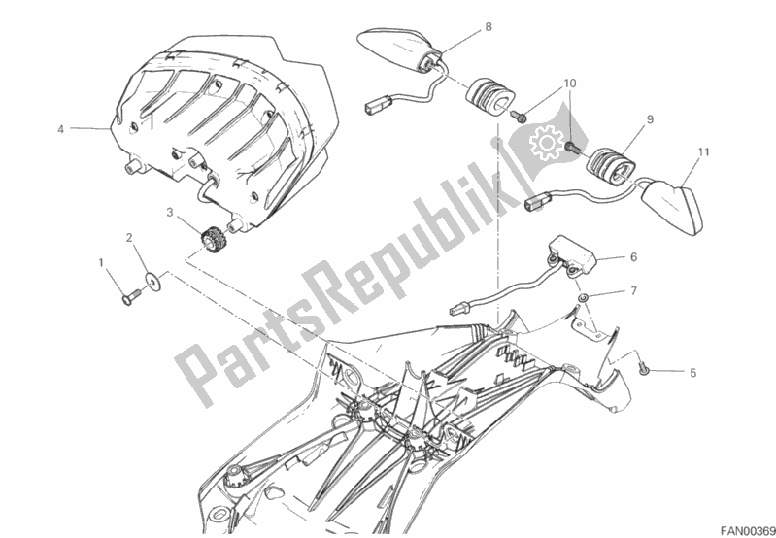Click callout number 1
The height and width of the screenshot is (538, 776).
(101, 263)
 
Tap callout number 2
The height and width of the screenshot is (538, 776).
(129, 238)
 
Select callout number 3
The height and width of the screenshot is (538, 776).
(170, 214)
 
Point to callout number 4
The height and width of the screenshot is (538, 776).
(61, 130)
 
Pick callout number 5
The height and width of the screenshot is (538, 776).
(692, 373)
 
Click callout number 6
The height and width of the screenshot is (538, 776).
(633, 257)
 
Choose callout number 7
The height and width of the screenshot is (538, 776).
(633, 290)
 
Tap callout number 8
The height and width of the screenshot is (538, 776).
(489, 27)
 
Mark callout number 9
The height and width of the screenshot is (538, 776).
(650, 119)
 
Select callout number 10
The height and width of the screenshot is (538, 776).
(570, 84)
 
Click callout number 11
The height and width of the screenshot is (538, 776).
(704, 151)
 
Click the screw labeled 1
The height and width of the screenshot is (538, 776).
(131, 297)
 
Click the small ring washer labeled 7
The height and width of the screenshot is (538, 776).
(584, 298)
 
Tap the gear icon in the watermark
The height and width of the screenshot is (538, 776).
(546, 143)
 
